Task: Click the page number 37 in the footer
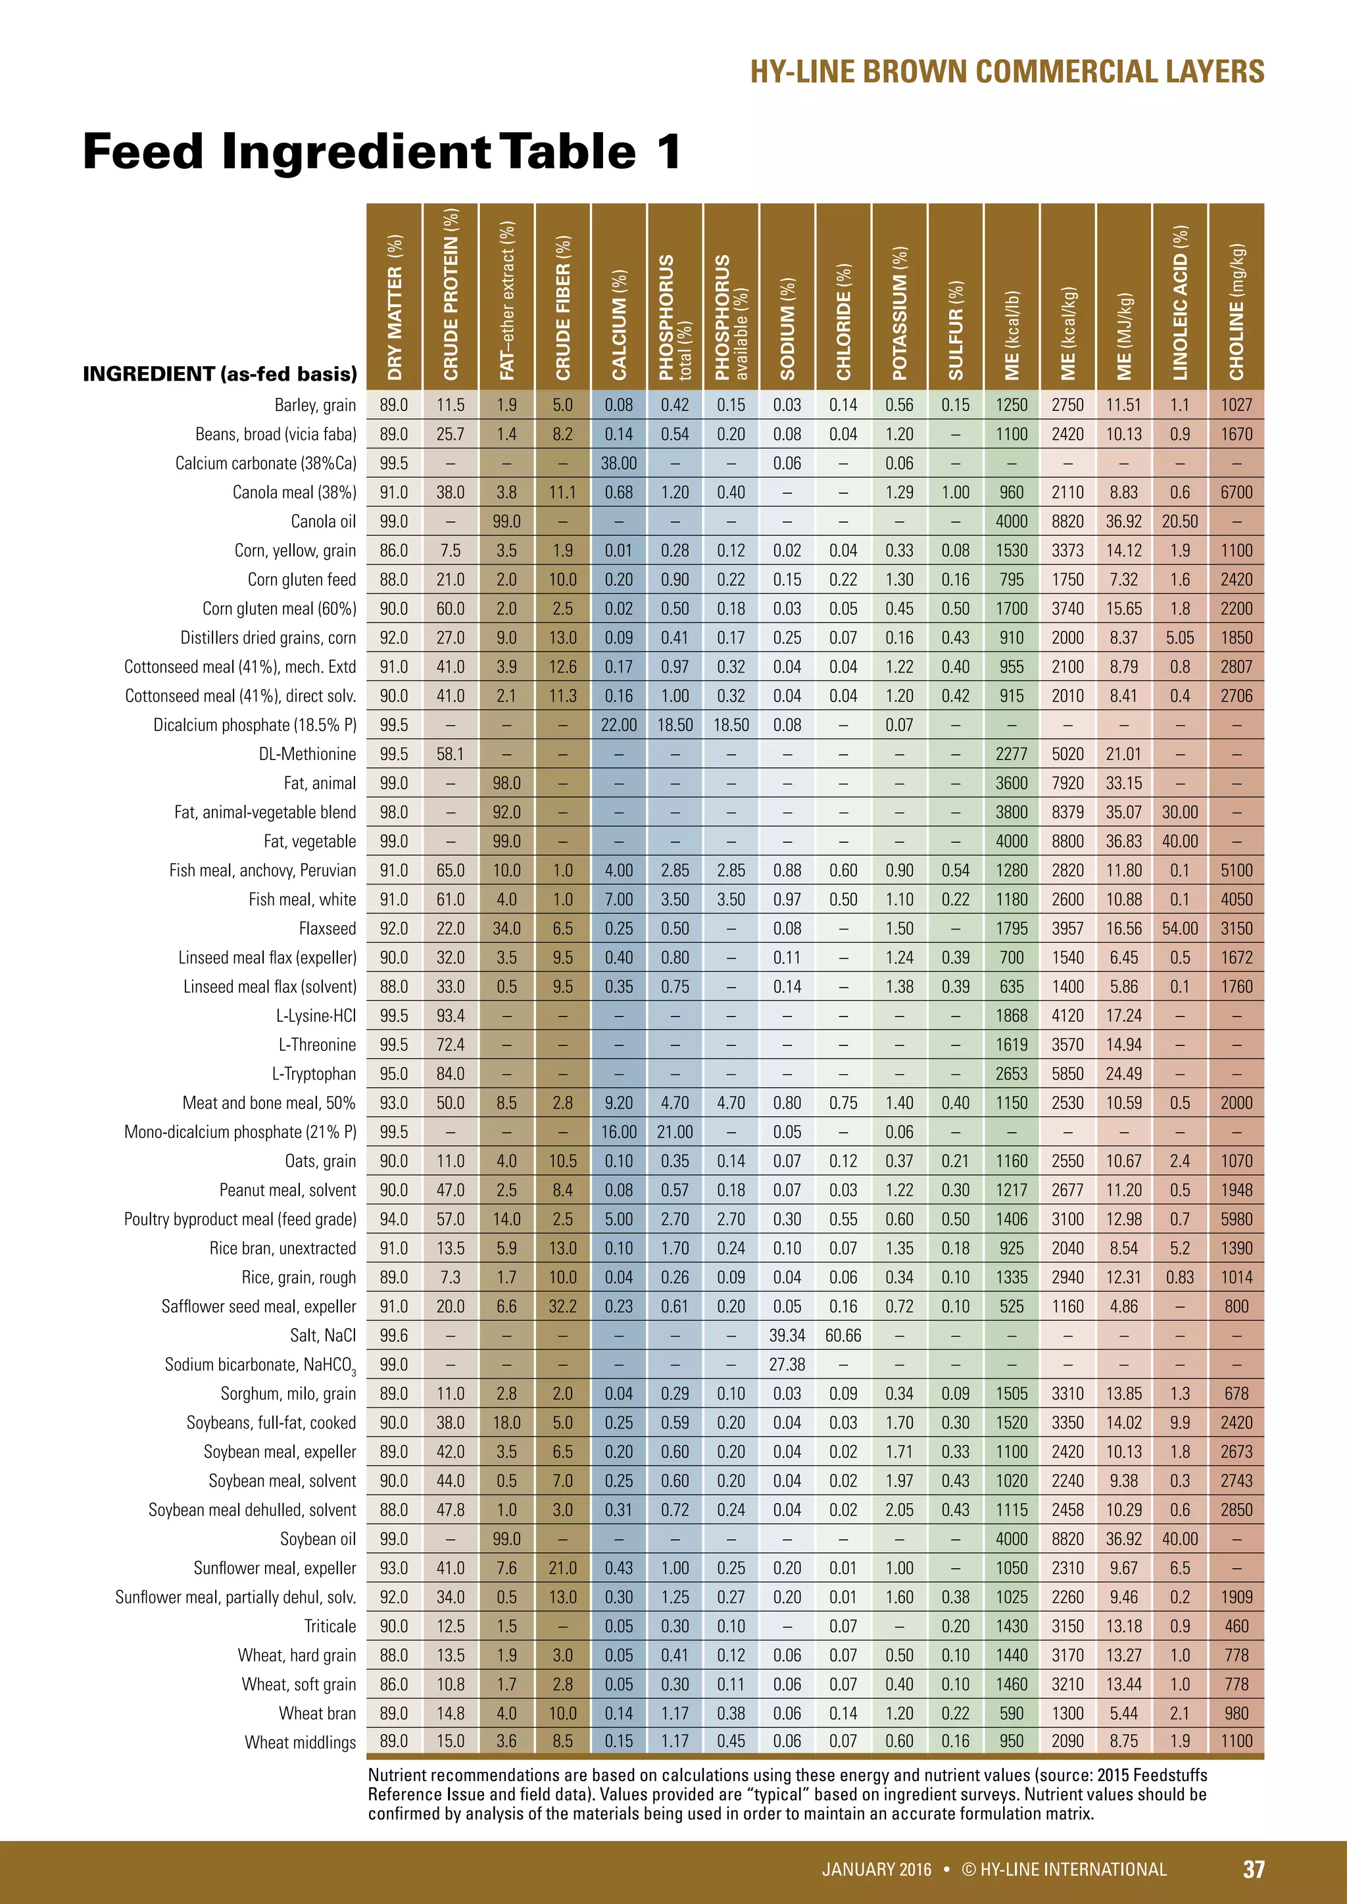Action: (1253, 1868)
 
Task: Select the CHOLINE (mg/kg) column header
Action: (1236, 312)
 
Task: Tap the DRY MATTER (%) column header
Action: (395, 307)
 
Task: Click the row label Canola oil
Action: (323, 521)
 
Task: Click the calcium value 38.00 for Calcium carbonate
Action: (619, 464)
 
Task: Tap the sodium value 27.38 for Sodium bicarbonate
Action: (787, 1365)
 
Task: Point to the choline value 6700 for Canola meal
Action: (1236, 492)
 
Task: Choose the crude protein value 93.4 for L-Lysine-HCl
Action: (451, 1016)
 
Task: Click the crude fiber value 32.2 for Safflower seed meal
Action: (562, 1307)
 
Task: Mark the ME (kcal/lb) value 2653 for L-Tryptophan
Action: (1011, 1074)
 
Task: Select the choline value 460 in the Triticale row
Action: (1236, 1626)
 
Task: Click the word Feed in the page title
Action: (143, 152)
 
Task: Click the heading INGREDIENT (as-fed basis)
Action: (220, 374)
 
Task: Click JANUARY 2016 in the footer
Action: (876, 1869)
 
